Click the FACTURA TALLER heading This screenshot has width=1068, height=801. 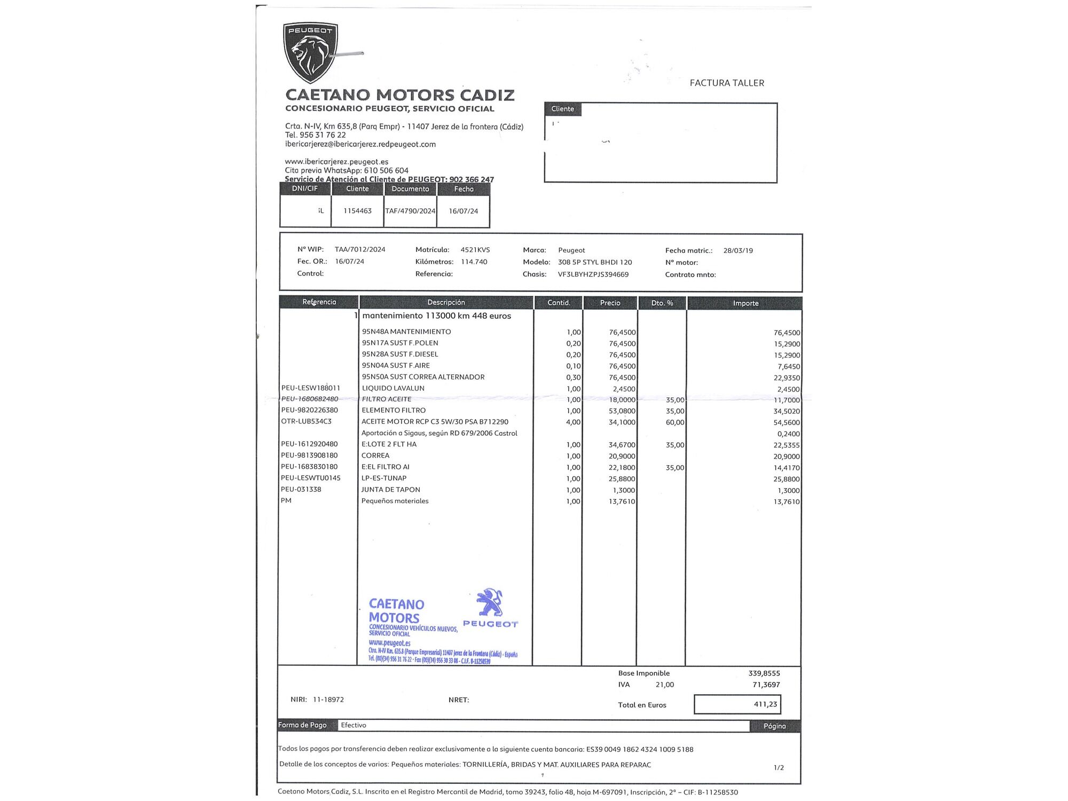[x=727, y=83]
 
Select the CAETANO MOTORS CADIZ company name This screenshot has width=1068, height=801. [x=400, y=95]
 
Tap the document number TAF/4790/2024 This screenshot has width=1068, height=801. [x=410, y=211]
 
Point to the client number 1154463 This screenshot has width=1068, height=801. [x=357, y=211]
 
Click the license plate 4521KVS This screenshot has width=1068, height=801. [x=475, y=250]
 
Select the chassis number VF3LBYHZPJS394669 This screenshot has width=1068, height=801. [x=593, y=274]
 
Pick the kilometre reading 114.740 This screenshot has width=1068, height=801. [x=474, y=262]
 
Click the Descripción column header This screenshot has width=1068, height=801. [x=446, y=302]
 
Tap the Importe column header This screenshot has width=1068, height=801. [x=745, y=303]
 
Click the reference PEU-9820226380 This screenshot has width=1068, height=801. [x=310, y=410]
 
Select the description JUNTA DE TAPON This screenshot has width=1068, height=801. [x=390, y=490]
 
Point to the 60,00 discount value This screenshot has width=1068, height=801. [x=675, y=422]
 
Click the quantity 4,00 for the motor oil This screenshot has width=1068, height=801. [x=573, y=422]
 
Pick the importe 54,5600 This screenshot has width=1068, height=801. [x=787, y=422]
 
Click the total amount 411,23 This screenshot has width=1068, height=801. [x=765, y=704]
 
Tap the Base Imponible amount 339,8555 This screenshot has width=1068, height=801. [x=764, y=673]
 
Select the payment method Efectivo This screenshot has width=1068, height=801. [x=354, y=725]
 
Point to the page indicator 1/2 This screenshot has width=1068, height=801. [x=779, y=768]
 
